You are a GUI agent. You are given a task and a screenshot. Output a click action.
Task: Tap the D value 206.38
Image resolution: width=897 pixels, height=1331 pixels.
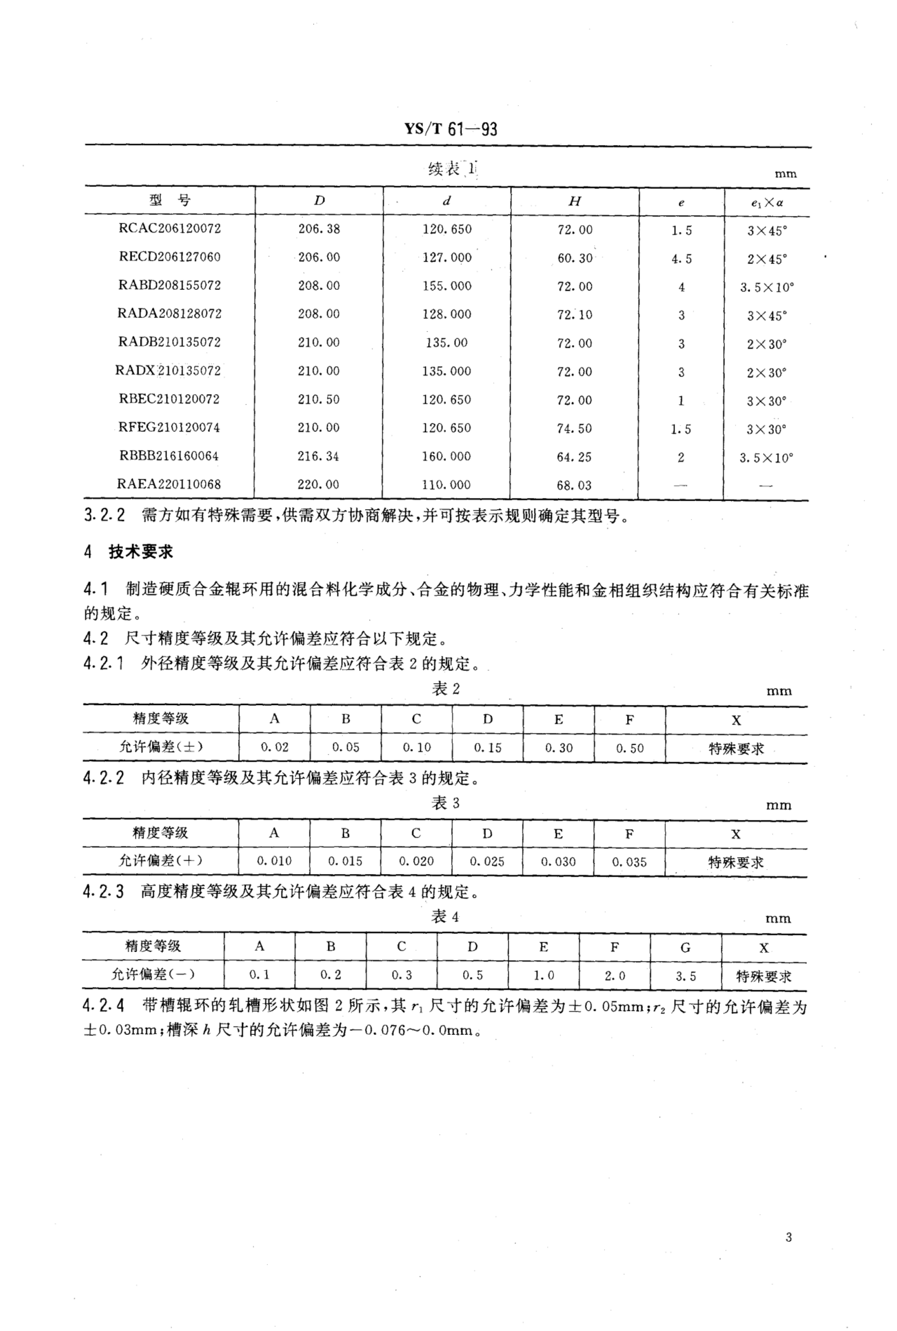click(319, 229)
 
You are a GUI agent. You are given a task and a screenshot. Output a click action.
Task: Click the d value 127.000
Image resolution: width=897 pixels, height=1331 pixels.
click(447, 258)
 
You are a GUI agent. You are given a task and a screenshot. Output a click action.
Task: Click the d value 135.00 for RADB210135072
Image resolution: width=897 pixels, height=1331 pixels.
click(446, 343)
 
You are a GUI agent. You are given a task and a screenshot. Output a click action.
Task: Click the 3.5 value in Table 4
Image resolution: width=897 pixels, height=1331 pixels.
click(685, 976)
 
